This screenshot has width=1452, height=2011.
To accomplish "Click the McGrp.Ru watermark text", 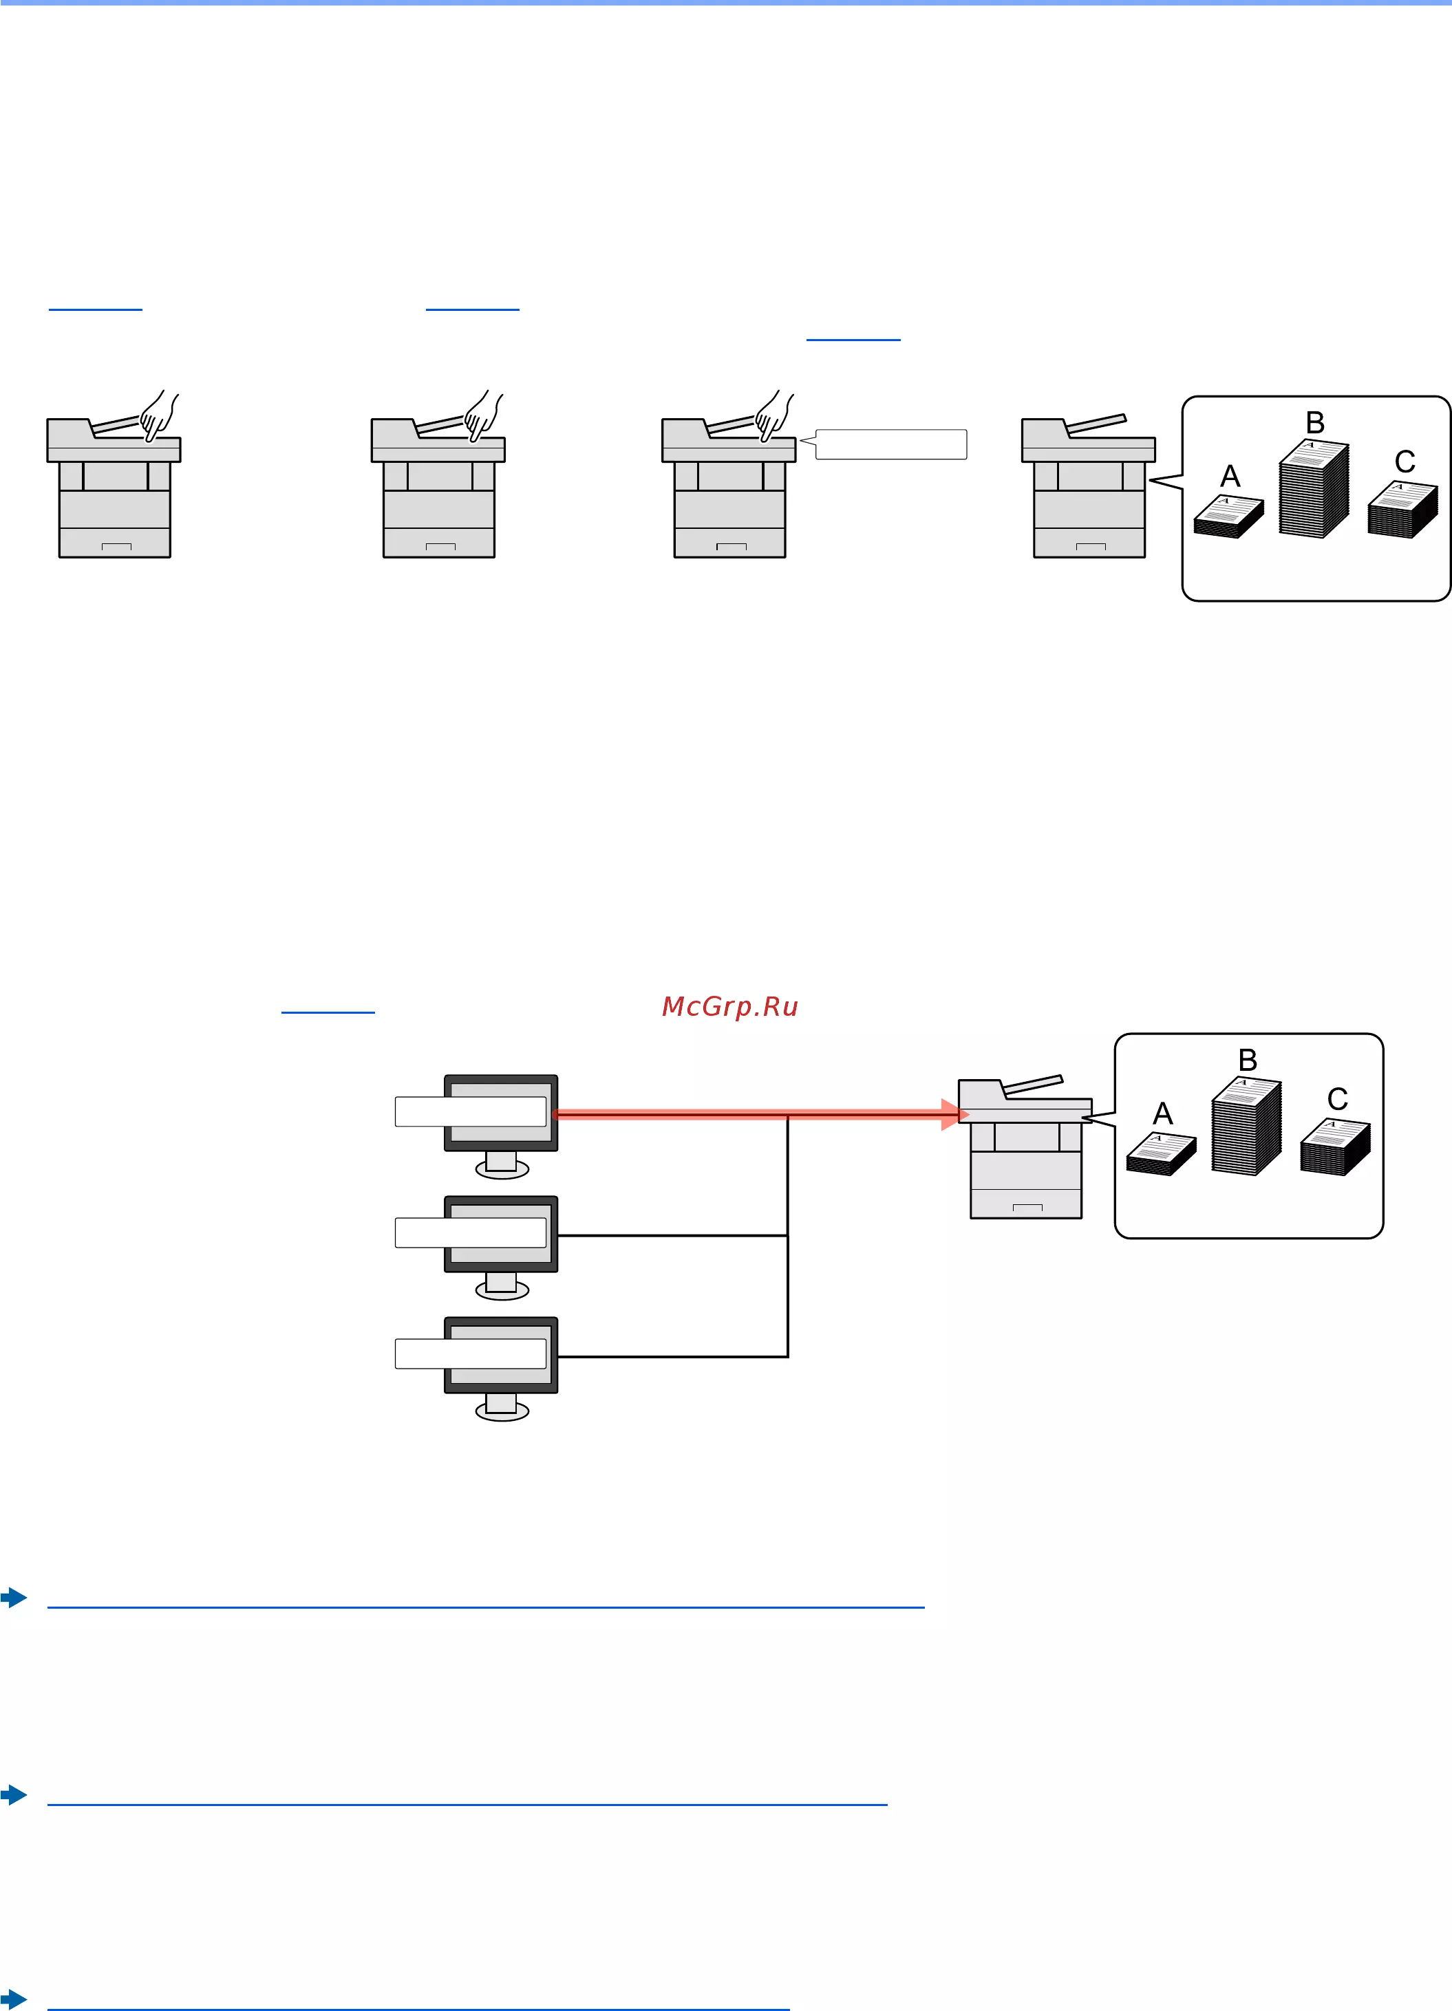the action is point(730,1006).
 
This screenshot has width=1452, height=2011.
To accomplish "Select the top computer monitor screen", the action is point(501,1113).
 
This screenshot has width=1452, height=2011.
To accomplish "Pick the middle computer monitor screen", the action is point(501,1233).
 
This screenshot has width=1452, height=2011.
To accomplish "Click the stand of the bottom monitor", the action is point(502,1406).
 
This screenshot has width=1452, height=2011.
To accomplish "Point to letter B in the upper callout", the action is point(1316,422).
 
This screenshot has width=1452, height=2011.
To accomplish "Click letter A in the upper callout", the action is point(1230,476).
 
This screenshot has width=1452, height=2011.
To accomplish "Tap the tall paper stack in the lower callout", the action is point(1246,1126).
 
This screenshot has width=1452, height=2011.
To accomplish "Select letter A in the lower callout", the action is point(1163,1113).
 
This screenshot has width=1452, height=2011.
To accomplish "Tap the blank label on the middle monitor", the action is point(471,1232).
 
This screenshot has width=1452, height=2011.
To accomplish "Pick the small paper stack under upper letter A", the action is point(1228,517).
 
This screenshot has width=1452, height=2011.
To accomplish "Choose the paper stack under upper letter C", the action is point(1402,510).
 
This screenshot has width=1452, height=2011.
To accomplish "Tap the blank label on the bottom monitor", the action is point(471,1354).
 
